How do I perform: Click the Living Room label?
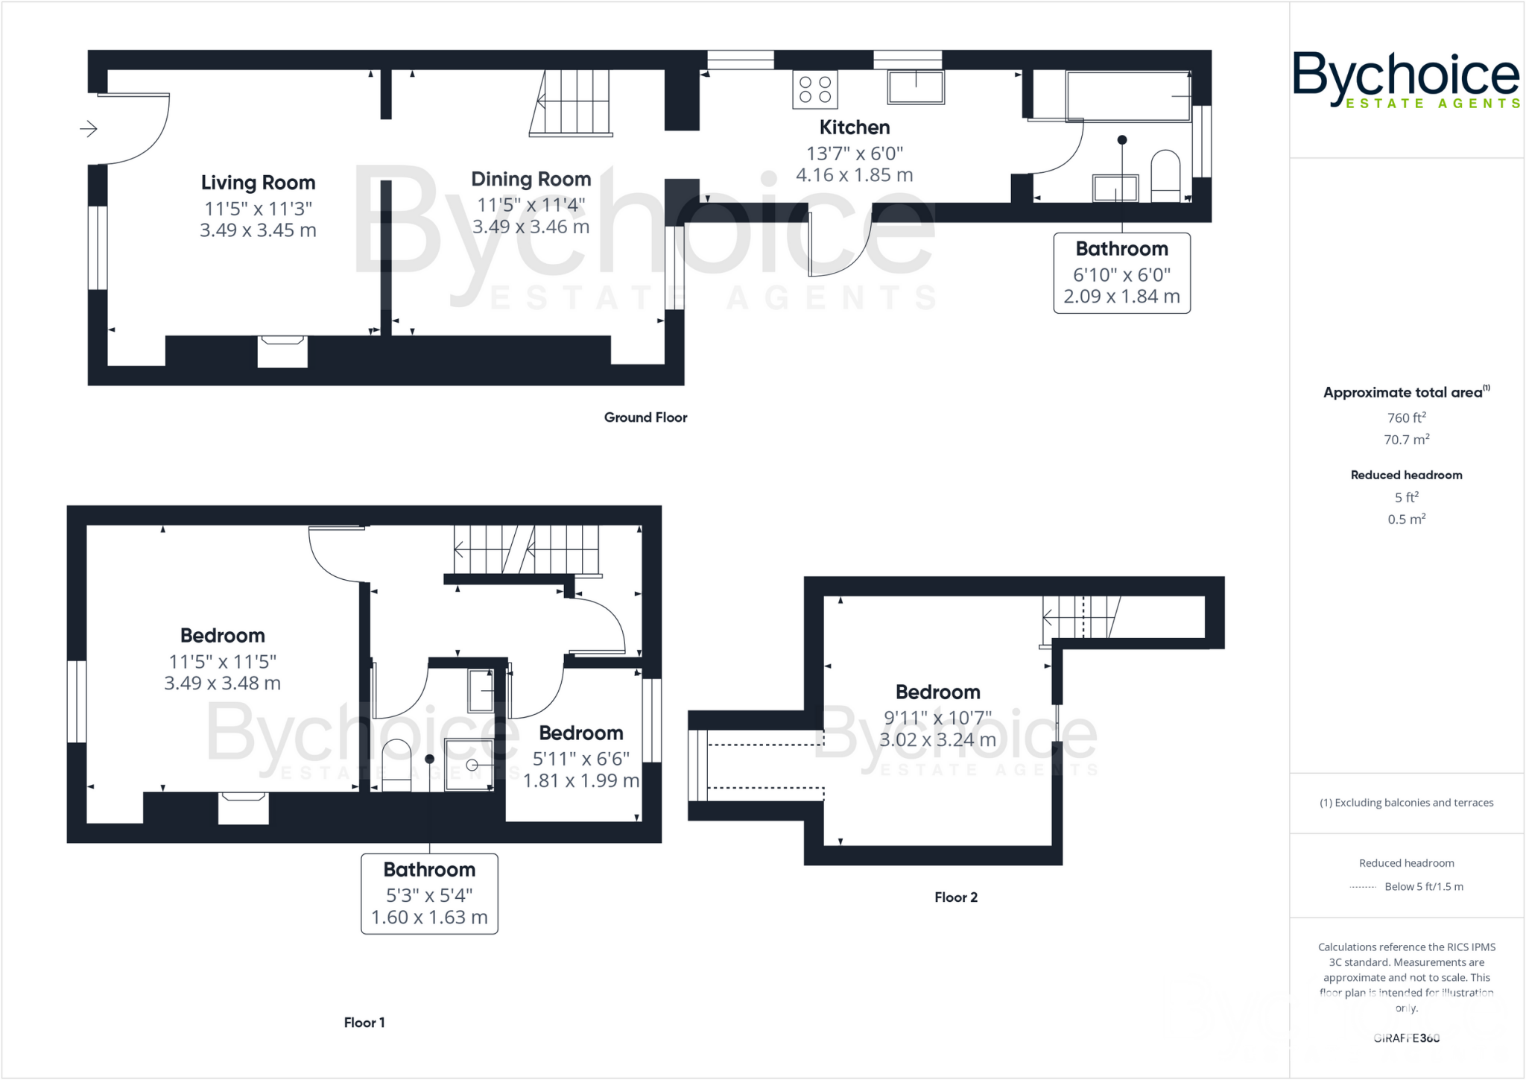coord(258,183)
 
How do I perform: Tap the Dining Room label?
coord(531,179)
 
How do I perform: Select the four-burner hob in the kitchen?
coord(814,89)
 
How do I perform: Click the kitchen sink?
coord(916,87)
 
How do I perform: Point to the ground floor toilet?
coord(1165,176)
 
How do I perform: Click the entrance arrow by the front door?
coord(89,129)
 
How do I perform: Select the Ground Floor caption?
coord(645,417)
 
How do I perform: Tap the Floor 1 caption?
coord(364,1023)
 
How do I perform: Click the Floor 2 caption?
coord(956,897)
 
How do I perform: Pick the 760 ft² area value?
coord(1406,417)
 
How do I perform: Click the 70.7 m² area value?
coord(1406,440)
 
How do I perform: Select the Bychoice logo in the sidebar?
coord(1405,79)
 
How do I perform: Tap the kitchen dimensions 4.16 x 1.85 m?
coord(854,175)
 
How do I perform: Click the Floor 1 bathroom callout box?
coord(429,893)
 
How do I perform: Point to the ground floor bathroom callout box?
coord(1121,273)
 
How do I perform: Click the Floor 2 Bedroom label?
coord(937,692)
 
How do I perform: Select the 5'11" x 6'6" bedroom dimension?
coord(580,759)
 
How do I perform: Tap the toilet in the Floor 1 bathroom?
coord(396,765)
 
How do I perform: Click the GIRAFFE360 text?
coord(1406,1038)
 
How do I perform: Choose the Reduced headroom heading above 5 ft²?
coord(1406,475)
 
